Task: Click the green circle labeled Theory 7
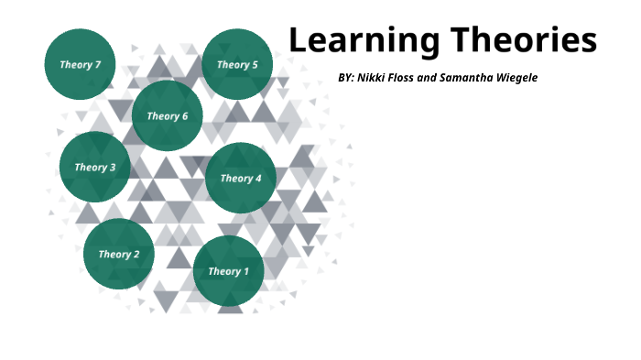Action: pos(81,64)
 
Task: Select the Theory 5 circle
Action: pos(237,64)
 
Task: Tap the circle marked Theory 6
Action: pos(168,115)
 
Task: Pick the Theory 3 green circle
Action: pos(95,167)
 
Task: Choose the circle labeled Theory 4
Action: pos(241,178)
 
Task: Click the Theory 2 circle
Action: pos(119,254)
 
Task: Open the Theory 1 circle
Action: pos(228,270)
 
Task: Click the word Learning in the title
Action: pos(363,41)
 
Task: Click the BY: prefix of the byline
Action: pos(346,78)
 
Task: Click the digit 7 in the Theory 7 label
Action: pos(98,64)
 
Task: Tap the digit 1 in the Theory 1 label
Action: pos(245,270)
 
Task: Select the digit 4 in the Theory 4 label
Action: pos(258,178)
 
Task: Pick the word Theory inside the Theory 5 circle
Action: pos(233,64)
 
